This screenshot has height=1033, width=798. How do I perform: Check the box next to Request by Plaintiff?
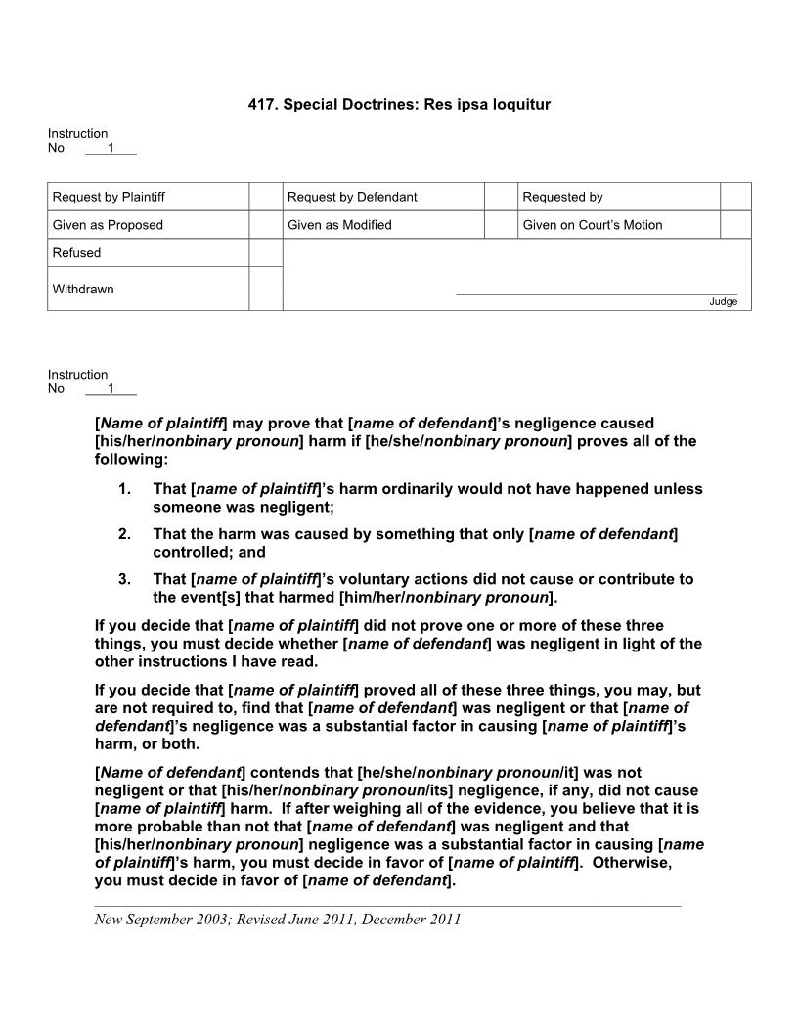coord(265,197)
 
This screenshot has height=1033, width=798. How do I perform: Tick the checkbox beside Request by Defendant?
coord(501,197)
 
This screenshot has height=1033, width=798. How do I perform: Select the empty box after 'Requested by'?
coord(735,197)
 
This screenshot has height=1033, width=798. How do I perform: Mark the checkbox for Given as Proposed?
coord(265,225)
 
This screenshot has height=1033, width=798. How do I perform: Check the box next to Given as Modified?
coord(501,225)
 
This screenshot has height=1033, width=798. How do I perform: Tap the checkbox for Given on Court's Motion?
coord(735,225)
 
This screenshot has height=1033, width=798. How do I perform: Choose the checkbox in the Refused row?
coord(265,253)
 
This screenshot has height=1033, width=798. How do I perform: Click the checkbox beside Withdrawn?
coord(265,289)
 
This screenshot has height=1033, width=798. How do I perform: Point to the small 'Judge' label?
coord(723,301)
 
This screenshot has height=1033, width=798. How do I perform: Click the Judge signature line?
coord(597,293)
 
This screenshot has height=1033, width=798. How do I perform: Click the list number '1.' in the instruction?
coord(124,488)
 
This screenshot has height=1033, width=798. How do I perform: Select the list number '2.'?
coord(124,533)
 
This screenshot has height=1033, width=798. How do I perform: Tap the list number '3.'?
coord(124,578)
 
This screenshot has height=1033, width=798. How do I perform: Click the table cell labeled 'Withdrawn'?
coord(148,289)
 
